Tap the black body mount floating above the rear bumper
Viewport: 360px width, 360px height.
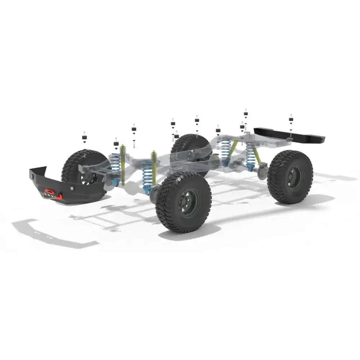pos(291,120)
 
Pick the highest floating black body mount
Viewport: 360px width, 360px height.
pos(246,113)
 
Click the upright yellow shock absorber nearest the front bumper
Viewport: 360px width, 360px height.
pos(123,164)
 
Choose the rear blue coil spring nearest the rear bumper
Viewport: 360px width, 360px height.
pos(251,155)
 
